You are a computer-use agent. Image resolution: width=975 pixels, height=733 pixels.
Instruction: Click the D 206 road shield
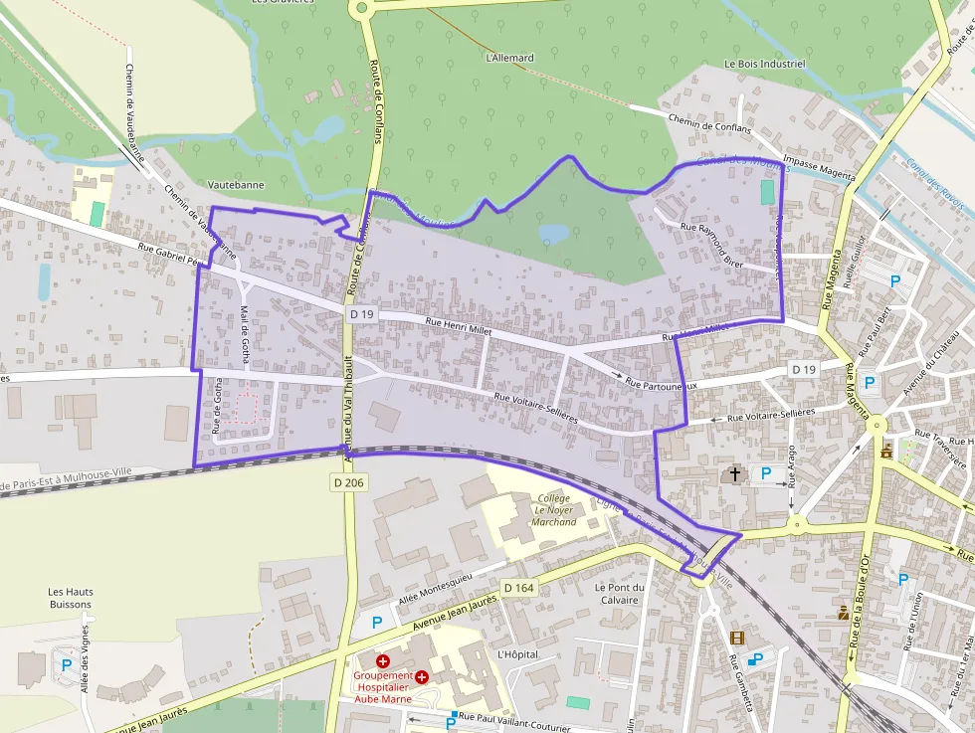[348, 481]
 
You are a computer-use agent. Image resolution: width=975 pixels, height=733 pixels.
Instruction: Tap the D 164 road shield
[518, 588]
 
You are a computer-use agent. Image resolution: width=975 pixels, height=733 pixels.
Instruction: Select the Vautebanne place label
[234, 185]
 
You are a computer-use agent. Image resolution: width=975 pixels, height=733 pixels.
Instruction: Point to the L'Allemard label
[509, 58]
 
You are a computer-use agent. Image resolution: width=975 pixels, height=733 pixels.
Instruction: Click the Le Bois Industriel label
[764, 64]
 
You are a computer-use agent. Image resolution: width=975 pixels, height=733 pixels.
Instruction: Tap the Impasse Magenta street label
[819, 168]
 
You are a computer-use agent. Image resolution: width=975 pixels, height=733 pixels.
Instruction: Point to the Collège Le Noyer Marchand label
[554, 509]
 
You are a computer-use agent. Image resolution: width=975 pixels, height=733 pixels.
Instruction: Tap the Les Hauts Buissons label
[70, 598]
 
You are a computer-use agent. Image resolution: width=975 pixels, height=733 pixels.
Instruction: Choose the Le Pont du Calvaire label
[619, 593]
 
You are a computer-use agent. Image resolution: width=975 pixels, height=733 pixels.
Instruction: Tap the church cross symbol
[736, 474]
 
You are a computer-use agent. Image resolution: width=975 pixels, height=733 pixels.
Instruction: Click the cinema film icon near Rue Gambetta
[736, 638]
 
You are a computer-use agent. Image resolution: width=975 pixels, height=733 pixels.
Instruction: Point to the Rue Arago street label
[793, 463]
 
